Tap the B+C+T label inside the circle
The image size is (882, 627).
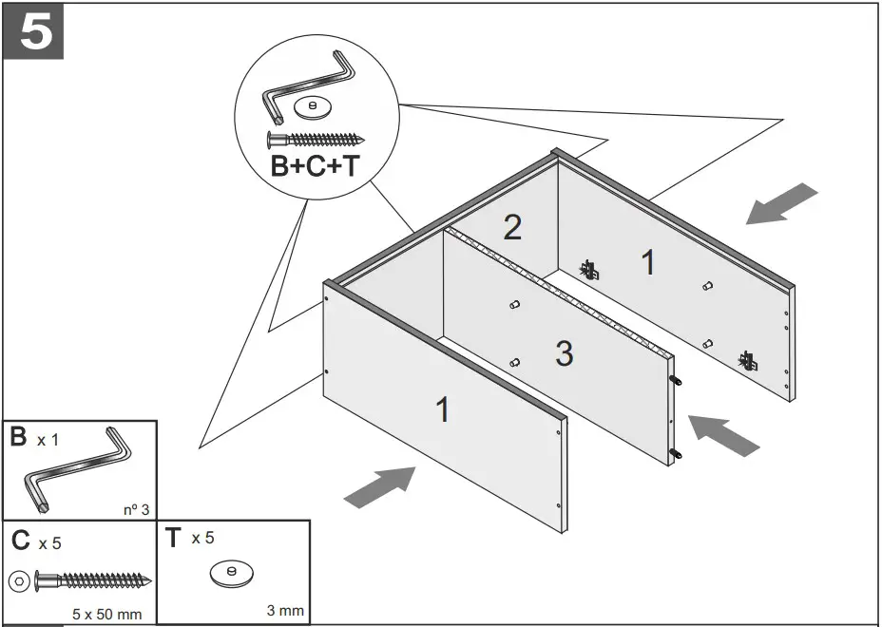(x=315, y=166)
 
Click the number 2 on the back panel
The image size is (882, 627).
(x=512, y=228)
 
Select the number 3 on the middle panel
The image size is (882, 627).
(x=564, y=354)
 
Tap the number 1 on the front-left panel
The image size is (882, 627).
(x=443, y=410)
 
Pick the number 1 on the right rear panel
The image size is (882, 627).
(x=648, y=262)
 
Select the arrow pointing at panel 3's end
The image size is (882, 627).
(x=723, y=434)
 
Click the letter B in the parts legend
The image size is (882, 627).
(x=18, y=438)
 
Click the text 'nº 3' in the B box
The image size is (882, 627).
(x=136, y=510)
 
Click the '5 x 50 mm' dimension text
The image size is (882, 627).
(x=106, y=614)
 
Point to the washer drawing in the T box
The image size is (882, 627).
(x=231, y=573)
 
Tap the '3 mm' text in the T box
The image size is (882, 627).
(x=285, y=610)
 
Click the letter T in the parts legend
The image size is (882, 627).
(x=172, y=539)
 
